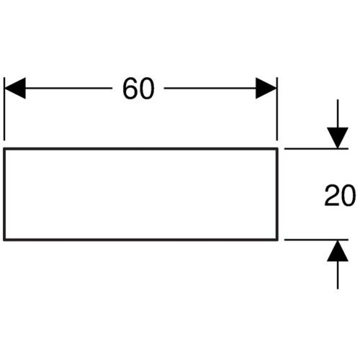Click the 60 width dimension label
coord(138,89)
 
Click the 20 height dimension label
coord(340,195)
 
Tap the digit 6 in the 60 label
coord(130,89)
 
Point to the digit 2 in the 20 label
coord(332,195)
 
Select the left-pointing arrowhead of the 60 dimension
coord(15,88)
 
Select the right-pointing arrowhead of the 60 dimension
coord(266,88)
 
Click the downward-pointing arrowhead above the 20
coord(338,138)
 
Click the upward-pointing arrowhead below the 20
coord(338,251)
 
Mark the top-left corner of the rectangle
coord(4,149)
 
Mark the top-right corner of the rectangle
coord(277,149)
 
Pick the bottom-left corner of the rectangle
coord(4,239)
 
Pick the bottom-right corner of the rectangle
coord(277,239)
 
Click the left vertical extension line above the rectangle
coord(4,109)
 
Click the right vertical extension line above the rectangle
coord(277,109)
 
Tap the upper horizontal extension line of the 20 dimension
coord(316,149)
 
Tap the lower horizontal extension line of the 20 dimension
coord(316,240)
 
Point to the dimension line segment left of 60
coord(68,88)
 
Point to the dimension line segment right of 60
coord(210,88)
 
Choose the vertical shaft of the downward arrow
coord(338,114)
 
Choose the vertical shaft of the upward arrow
coord(338,275)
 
